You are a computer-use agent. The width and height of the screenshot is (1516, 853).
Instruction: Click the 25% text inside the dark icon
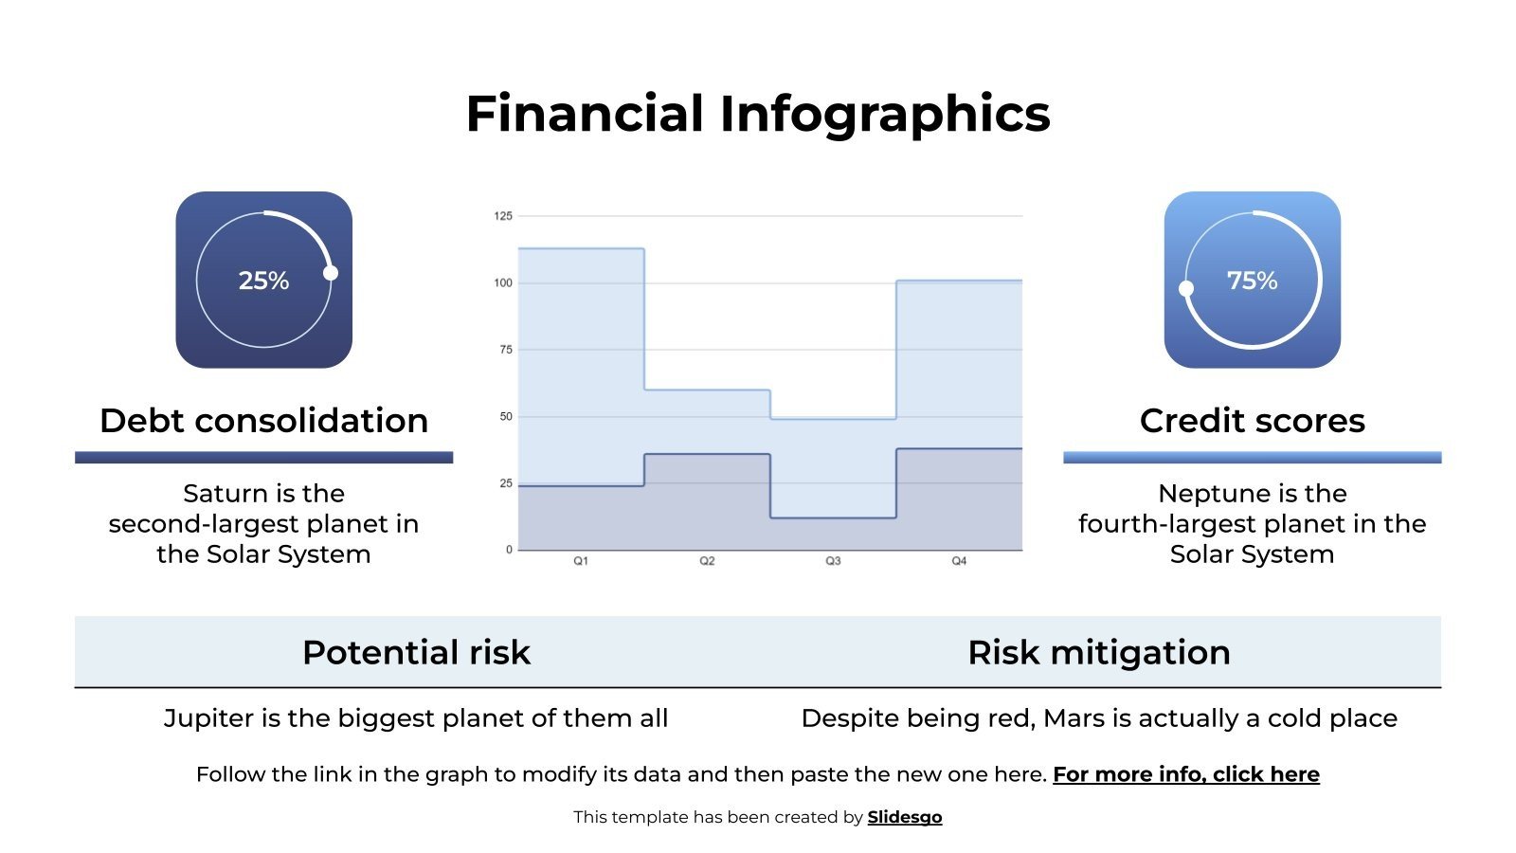point(263,281)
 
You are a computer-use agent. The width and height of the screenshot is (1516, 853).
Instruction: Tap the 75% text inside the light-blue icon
point(1252,281)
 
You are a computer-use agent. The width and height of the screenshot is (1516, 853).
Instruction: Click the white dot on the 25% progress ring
point(331,273)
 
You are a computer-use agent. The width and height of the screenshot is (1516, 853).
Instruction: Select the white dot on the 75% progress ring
point(1186,288)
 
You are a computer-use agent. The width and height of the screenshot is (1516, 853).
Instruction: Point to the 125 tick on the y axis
point(502,216)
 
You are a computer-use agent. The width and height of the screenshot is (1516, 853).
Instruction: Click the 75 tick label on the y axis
point(505,350)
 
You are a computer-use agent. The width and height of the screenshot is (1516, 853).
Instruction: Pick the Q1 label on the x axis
point(581,561)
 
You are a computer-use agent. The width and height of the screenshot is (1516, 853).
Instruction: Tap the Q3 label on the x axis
point(833,561)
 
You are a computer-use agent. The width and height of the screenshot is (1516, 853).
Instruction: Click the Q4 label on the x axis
point(959,561)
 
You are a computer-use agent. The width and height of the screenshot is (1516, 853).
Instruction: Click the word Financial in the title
point(585,114)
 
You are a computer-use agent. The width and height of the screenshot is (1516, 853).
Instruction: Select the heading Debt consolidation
point(263,421)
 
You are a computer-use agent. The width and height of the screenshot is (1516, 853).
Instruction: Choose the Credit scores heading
point(1252,421)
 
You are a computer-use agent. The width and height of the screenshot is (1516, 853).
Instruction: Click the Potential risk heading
point(416,652)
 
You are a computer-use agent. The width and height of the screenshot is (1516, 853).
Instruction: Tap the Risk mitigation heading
point(1099,652)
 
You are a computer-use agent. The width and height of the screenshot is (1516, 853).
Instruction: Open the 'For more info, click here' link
point(1185,774)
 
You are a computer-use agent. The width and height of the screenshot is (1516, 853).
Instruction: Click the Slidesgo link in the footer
point(904,817)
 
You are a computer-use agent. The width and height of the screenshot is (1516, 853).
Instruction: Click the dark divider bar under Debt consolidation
point(263,458)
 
